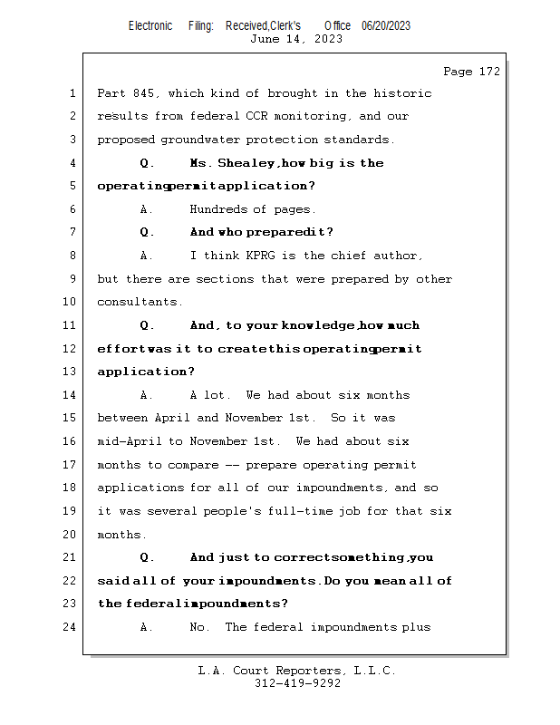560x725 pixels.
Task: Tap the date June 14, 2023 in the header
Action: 296,39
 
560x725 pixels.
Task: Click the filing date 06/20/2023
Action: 385,26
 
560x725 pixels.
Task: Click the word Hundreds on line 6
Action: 217,209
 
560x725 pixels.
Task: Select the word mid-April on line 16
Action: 129,441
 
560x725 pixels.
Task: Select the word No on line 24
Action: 198,627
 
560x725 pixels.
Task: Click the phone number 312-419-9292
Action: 297,683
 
